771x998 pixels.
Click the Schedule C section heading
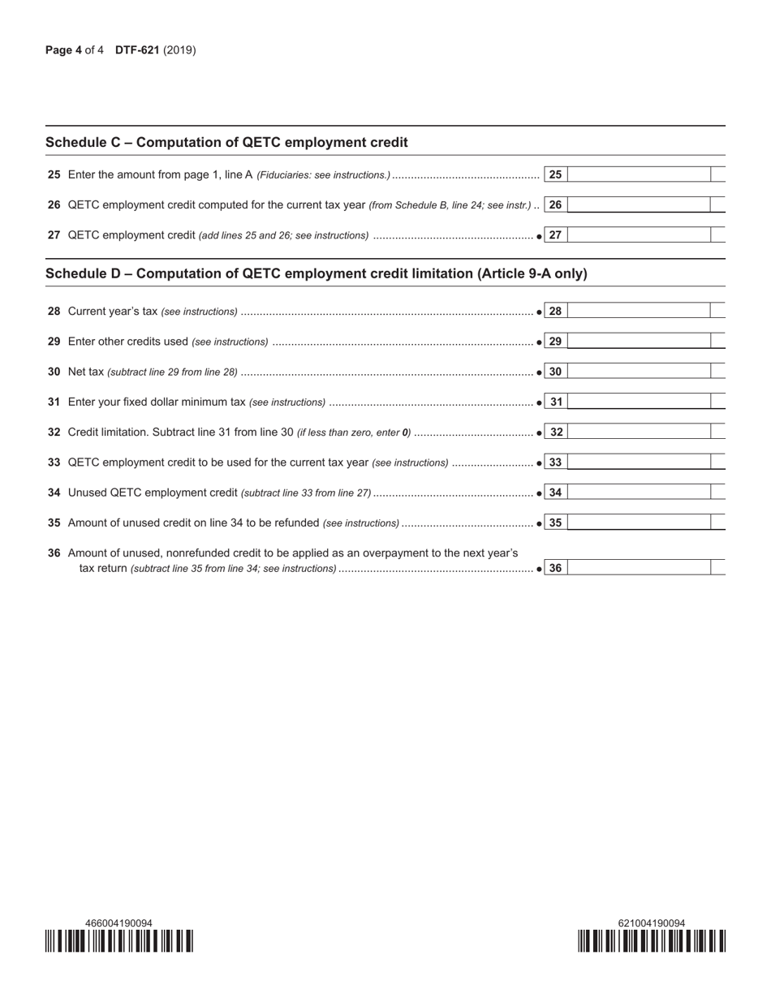[x=226, y=143]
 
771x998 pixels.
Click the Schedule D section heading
[x=316, y=274]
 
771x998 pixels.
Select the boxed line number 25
[x=555, y=174]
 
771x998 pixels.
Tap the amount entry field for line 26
[x=639, y=205]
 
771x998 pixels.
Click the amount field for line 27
[x=639, y=235]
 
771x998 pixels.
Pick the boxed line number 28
[x=555, y=312]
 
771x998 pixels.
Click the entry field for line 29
[x=639, y=342]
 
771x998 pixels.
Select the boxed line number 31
[x=555, y=402]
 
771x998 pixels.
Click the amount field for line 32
[x=639, y=432]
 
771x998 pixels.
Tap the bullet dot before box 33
[x=540, y=463]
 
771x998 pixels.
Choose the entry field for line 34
[x=639, y=493]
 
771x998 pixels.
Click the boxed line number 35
[x=555, y=523]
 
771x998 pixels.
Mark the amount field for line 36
[x=639, y=568]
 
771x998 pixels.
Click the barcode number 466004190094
[x=118, y=923]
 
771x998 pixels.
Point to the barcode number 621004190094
[x=652, y=923]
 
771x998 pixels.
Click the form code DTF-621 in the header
[x=137, y=50]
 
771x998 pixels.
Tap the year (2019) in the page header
[x=179, y=50]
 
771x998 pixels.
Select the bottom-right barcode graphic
[x=652, y=940]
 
